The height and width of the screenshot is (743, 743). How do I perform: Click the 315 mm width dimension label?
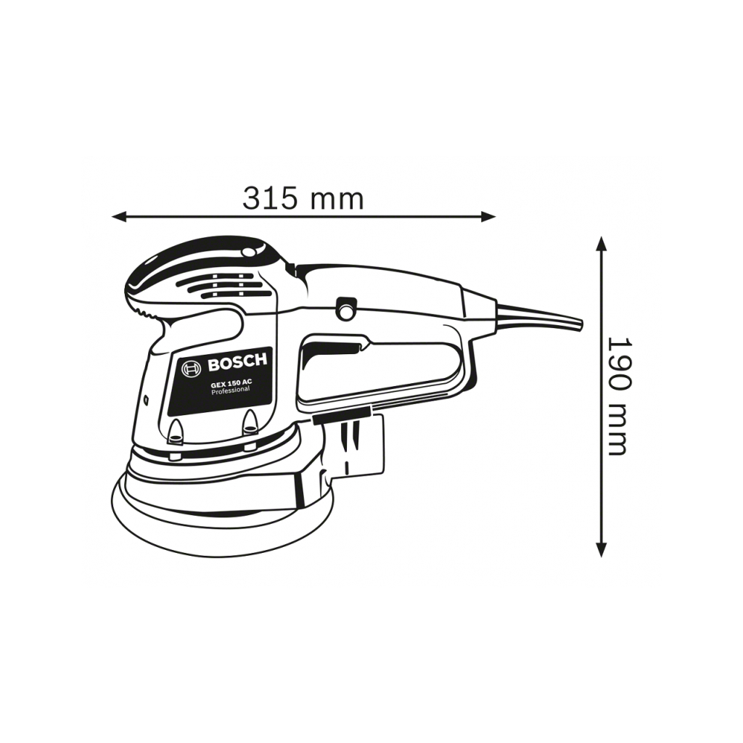click(303, 199)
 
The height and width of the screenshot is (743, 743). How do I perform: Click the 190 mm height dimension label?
click(619, 396)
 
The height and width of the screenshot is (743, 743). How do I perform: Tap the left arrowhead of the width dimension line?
click(119, 217)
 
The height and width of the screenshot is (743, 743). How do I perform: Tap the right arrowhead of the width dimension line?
click(488, 217)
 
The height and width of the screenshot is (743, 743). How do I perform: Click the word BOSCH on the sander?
click(237, 364)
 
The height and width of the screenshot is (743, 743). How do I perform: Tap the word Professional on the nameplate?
click(230, 390)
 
